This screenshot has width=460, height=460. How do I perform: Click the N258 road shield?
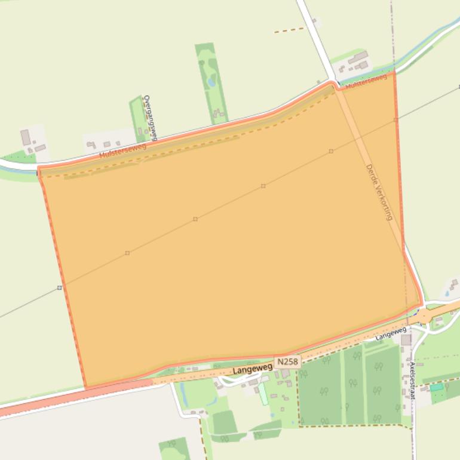(x=287, y=361)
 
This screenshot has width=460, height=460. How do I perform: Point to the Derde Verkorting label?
(x=378, y=192)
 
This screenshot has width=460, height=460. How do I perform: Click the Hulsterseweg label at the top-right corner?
(x=367, y=82)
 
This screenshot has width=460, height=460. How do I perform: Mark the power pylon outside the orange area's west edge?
(x=59, y=288)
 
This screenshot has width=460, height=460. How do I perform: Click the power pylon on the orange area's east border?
(x=396, y=119)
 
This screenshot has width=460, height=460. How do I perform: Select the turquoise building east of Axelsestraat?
(x=437, y=387)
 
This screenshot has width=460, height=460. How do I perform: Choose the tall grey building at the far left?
(x=25, y=137)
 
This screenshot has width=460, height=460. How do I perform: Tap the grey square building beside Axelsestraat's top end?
(x=406, y=339)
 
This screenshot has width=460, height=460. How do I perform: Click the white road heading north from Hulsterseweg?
(x=315, y=36)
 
